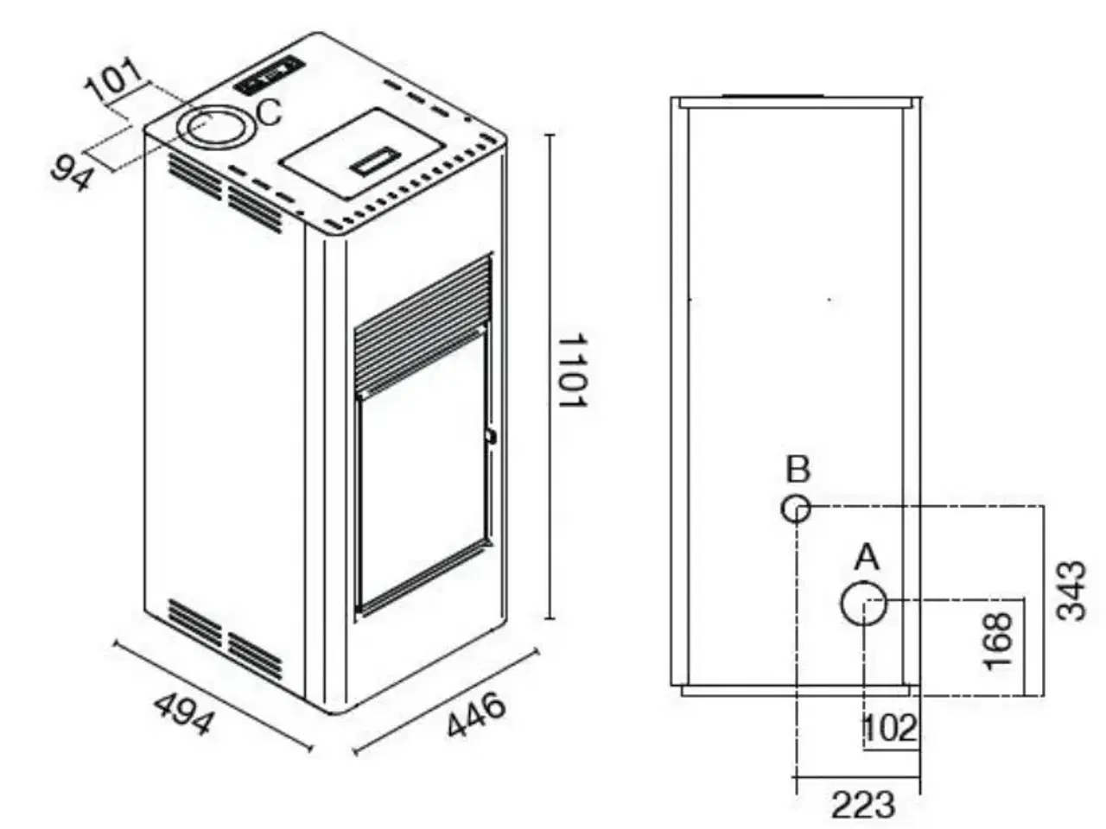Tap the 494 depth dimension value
pyautogui.click(x=182, y=713)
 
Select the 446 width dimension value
pyautogui.click(x=475, y=714)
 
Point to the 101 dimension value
pyautogui.click(x=115, y=79)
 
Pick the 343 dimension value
pyautogui.click(x=1072, y=590)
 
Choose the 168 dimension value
pyautogui.click(x=998, y=639)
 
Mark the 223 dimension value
pyautogui.click(x=863, y=805)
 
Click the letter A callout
pyautogui.click(x=866, y=558)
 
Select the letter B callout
pyautogui.click(x=798, y=471)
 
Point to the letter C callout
pyautogui.click(x=270, y=112)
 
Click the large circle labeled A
pyautogui.click(x=864, y=604)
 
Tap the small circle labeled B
pyautogui.click(x=796, y=509)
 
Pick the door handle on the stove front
pyautogui.click(x=491, y=436)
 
